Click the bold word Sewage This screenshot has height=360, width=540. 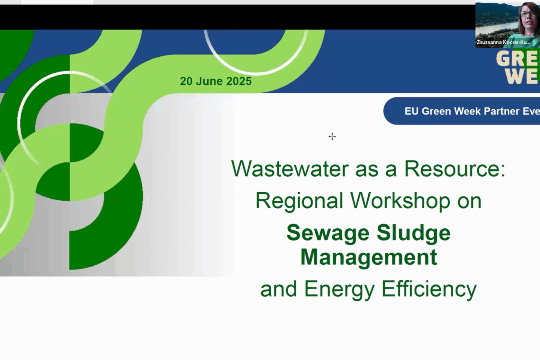[x=327, y=233]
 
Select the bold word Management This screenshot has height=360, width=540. [x=369, y=257]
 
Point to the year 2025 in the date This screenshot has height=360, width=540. [x=237, y=81]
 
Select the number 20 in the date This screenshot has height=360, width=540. [x=186, y=81]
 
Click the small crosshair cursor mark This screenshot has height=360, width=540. [x=332, y=136]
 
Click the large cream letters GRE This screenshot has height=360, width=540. [x=517, y=58]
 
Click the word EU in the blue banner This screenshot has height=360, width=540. [x=411, y=111]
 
